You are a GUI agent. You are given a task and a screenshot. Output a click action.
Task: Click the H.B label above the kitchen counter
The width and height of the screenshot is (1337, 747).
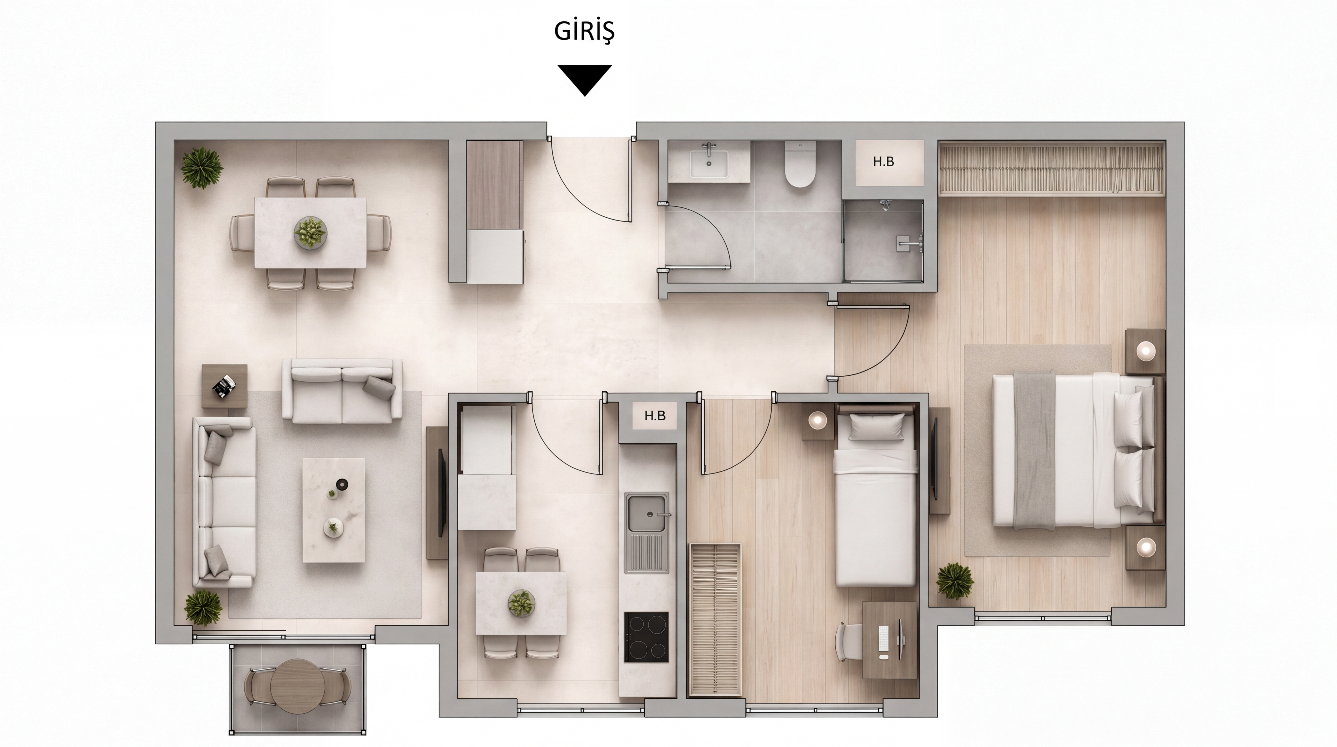[x=654, y=416]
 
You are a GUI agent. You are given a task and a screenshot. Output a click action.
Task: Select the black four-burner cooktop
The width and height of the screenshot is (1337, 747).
[x=646, y=637]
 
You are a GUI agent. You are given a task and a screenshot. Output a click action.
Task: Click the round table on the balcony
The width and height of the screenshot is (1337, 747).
[x=297, y=687]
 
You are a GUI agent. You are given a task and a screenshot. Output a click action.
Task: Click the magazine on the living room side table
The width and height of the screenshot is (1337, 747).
[x=224, y=386]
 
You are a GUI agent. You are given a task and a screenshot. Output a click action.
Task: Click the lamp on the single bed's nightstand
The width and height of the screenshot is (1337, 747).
[x=817, y=419]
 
